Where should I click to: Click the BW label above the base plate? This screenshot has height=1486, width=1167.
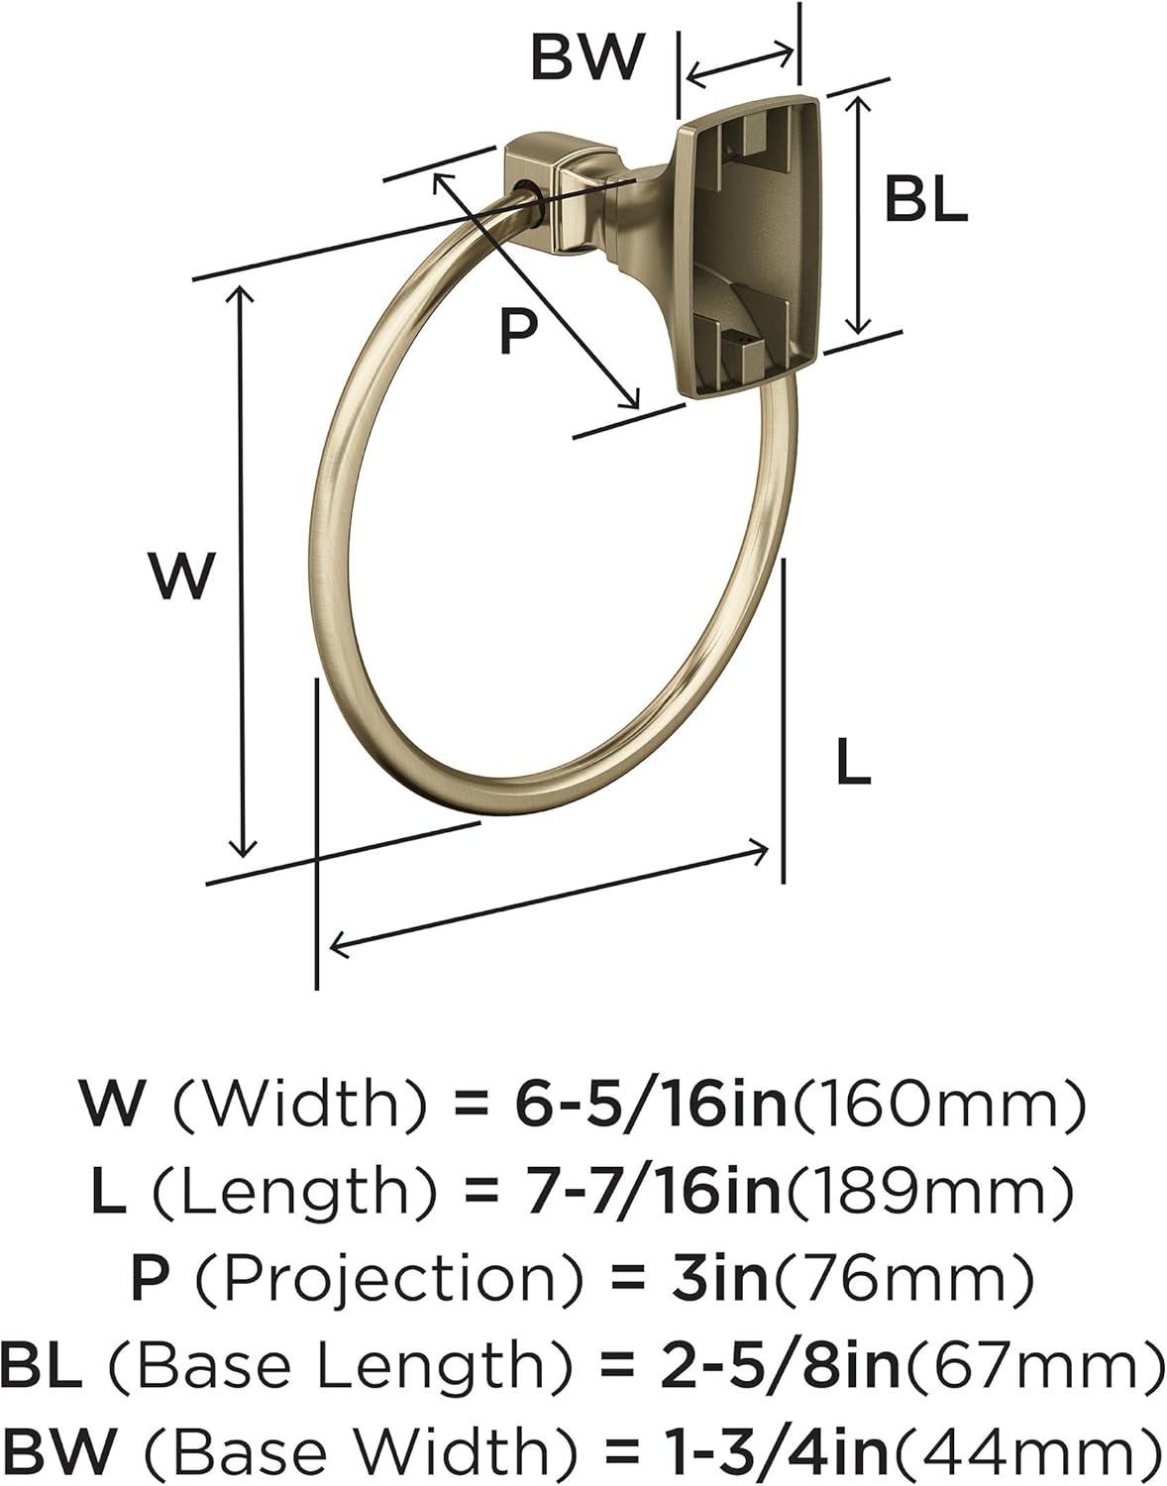[x=587, y=57]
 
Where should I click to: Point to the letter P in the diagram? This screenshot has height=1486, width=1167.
[x=517, y=330]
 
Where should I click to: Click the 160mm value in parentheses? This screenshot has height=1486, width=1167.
[x=936, y=1106]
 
